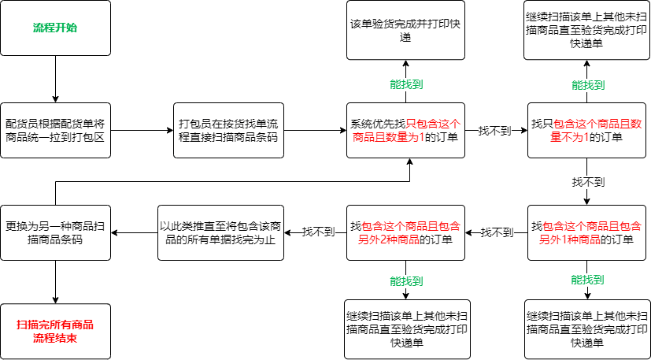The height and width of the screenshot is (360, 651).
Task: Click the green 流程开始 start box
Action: click(x=55, y=28)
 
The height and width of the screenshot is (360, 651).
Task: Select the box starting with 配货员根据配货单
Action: click(x=55, y=130)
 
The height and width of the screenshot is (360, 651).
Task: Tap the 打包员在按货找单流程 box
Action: click(x=228, y=130)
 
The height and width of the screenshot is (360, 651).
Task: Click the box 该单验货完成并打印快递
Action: click(x=405, y=29)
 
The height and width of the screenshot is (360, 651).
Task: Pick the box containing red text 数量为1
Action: click(x=405, y=130)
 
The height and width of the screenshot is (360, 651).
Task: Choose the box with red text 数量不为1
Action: click(x=586, y=130)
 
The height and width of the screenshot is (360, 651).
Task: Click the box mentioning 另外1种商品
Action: click(x=586, y=233)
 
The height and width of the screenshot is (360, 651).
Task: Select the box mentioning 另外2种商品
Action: click(x=405, y=233)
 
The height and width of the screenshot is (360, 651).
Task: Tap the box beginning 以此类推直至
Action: click(x=220, y=233)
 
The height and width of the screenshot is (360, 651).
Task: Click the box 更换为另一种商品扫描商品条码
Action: click(x=55, y=233)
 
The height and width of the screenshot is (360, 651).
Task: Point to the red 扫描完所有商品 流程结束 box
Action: click(x=55, y=332)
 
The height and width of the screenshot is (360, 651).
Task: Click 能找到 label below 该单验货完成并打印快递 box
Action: click(x=406, y=84)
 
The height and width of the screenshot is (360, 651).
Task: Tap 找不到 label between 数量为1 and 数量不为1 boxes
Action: click(x=494, y=131)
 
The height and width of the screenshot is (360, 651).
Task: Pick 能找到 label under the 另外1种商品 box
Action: click(x=587, y=280)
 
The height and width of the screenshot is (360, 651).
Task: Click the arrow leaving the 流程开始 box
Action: click(x=55, y=79)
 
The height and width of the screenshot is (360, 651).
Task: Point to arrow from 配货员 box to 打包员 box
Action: click(x=142, y=131)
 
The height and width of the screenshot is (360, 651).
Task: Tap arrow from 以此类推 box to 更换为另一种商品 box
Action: click(x=134, y=233)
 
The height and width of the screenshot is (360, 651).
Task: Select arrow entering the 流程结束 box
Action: click(x=55, y=282)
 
